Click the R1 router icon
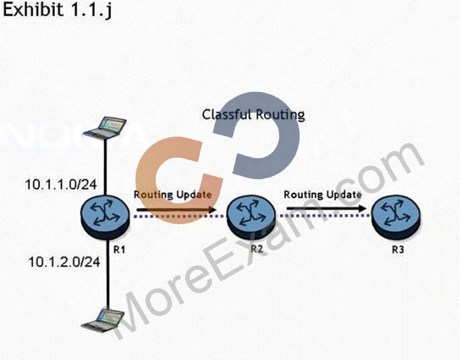point(105,216)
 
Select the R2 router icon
point(251,216)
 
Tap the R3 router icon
point(396,217)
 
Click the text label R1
point(120,249)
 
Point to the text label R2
point(257,249)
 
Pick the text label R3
point(398,249)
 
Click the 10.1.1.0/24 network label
point(61,184)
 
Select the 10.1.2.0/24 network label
point(64,261)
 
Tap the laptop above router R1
point(105,128)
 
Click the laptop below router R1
point(103,319)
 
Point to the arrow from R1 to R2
point(177,209)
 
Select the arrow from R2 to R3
point(326,209)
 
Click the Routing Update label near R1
point(173,194)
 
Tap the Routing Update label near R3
point(323,194)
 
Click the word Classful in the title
point(226,114)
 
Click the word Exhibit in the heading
point(33,9)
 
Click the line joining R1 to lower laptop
point(108,274)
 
